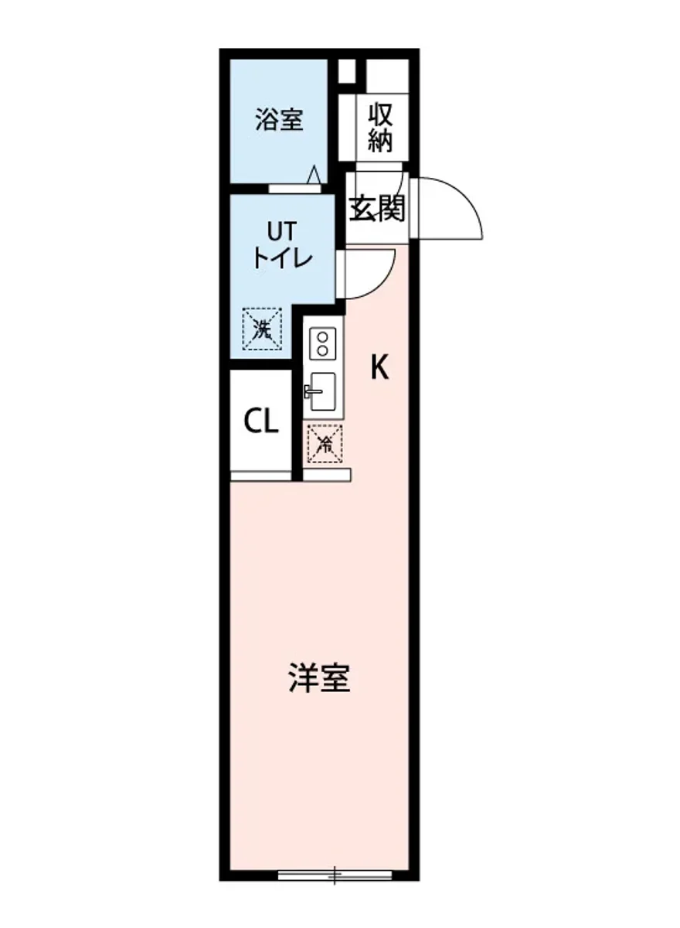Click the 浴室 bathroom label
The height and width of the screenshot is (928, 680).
(x=279, y=121)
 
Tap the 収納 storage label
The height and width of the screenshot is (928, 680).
(x=380, y=128)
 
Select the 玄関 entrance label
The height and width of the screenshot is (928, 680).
(x=377, y=207)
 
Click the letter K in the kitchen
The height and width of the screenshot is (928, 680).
(x=378, y=368)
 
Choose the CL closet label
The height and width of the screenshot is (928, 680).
(x=261, y=422)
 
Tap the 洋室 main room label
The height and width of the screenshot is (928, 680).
(x=320, y=677)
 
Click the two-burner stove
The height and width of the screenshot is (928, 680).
(x=322, y=343)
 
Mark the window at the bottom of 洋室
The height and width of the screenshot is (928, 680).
(x=335, y=875)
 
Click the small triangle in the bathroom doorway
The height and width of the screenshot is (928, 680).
(x=314, y=176)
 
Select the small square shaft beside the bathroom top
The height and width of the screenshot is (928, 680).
(x=347, y=70)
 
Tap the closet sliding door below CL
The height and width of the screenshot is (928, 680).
(x=262, y=476)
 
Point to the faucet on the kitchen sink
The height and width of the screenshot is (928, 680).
(x=311, y=391)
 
